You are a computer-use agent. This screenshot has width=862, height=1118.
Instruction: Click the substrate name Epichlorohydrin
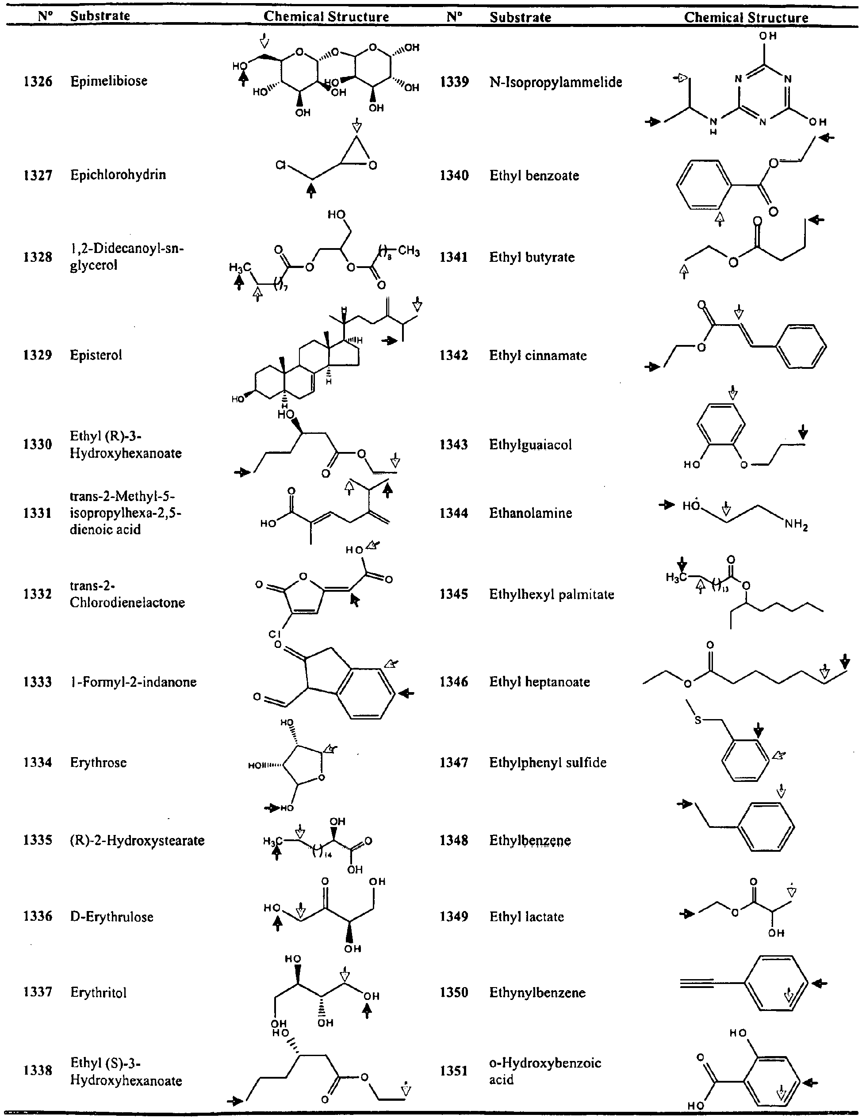pyautogui.click(x=118, y=175)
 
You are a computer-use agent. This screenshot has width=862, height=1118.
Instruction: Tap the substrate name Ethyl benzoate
pyautogui.click(x=534, y=176)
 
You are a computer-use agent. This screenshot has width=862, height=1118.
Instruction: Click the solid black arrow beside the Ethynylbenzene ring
pyautogui.click(x=820, y=983)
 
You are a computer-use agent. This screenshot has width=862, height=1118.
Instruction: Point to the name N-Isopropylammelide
pyautogui.click(x=556, y=82)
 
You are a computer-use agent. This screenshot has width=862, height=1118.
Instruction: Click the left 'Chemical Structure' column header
pyautogui.click(x=326, y=16)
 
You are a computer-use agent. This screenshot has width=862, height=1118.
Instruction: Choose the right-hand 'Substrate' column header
pyautogui.click(x=520, y=17)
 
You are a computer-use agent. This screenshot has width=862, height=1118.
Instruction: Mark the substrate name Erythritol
pyautogui.click(x=98, y=992)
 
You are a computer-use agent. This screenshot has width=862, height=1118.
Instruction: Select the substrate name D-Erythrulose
pyautogui.click(x=111, y=917)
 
